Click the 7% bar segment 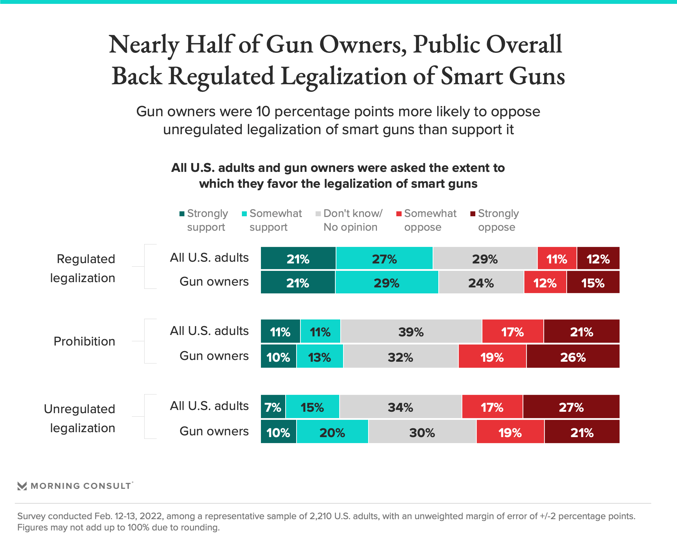point(273,407)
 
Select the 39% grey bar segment point(411,331)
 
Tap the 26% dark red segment point(573,356)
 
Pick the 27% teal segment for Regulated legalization point(384,259)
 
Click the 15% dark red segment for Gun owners point(593,282)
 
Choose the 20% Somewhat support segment point(332,432)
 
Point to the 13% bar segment point(320,356)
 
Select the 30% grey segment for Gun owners point(422,432)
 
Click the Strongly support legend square point(182,214)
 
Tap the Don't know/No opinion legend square point(318,214)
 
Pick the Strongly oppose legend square point(473,214)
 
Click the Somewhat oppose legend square point(399,214)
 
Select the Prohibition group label point(84,341)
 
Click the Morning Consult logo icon point(22,486)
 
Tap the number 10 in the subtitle point(263,112)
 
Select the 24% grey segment point(481,282)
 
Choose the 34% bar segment point(401,407)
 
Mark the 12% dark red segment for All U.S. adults point(598,259)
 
